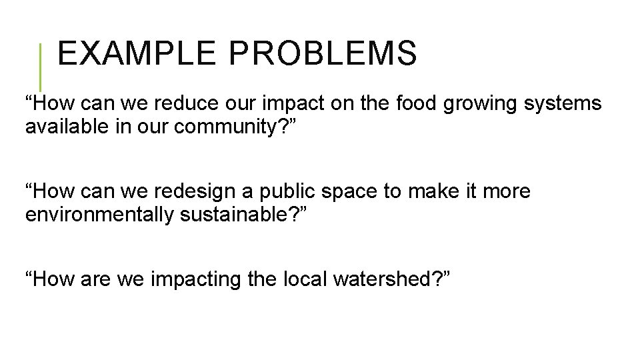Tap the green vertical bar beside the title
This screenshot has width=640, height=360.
(41, 67)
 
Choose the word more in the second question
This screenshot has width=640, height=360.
(507, 193)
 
